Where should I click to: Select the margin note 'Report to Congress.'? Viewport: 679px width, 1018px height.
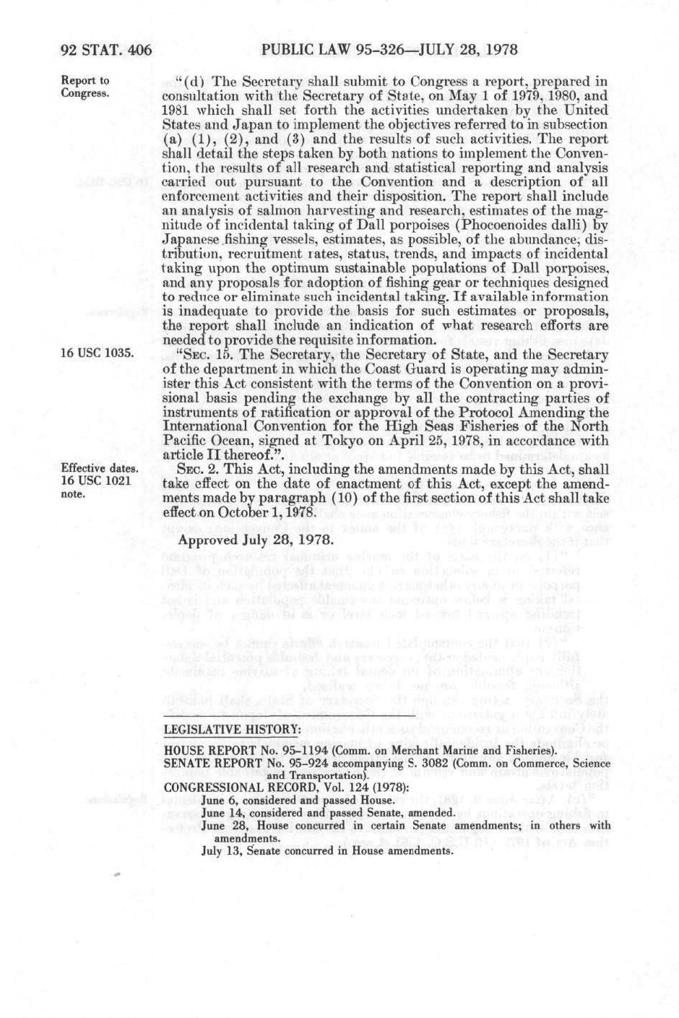85,87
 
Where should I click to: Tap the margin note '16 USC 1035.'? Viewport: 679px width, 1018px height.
95,353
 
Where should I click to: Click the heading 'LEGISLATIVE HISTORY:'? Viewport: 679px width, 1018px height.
232,728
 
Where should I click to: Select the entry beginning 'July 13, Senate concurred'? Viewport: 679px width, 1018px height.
326,850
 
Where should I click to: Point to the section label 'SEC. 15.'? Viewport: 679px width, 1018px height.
199,354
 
